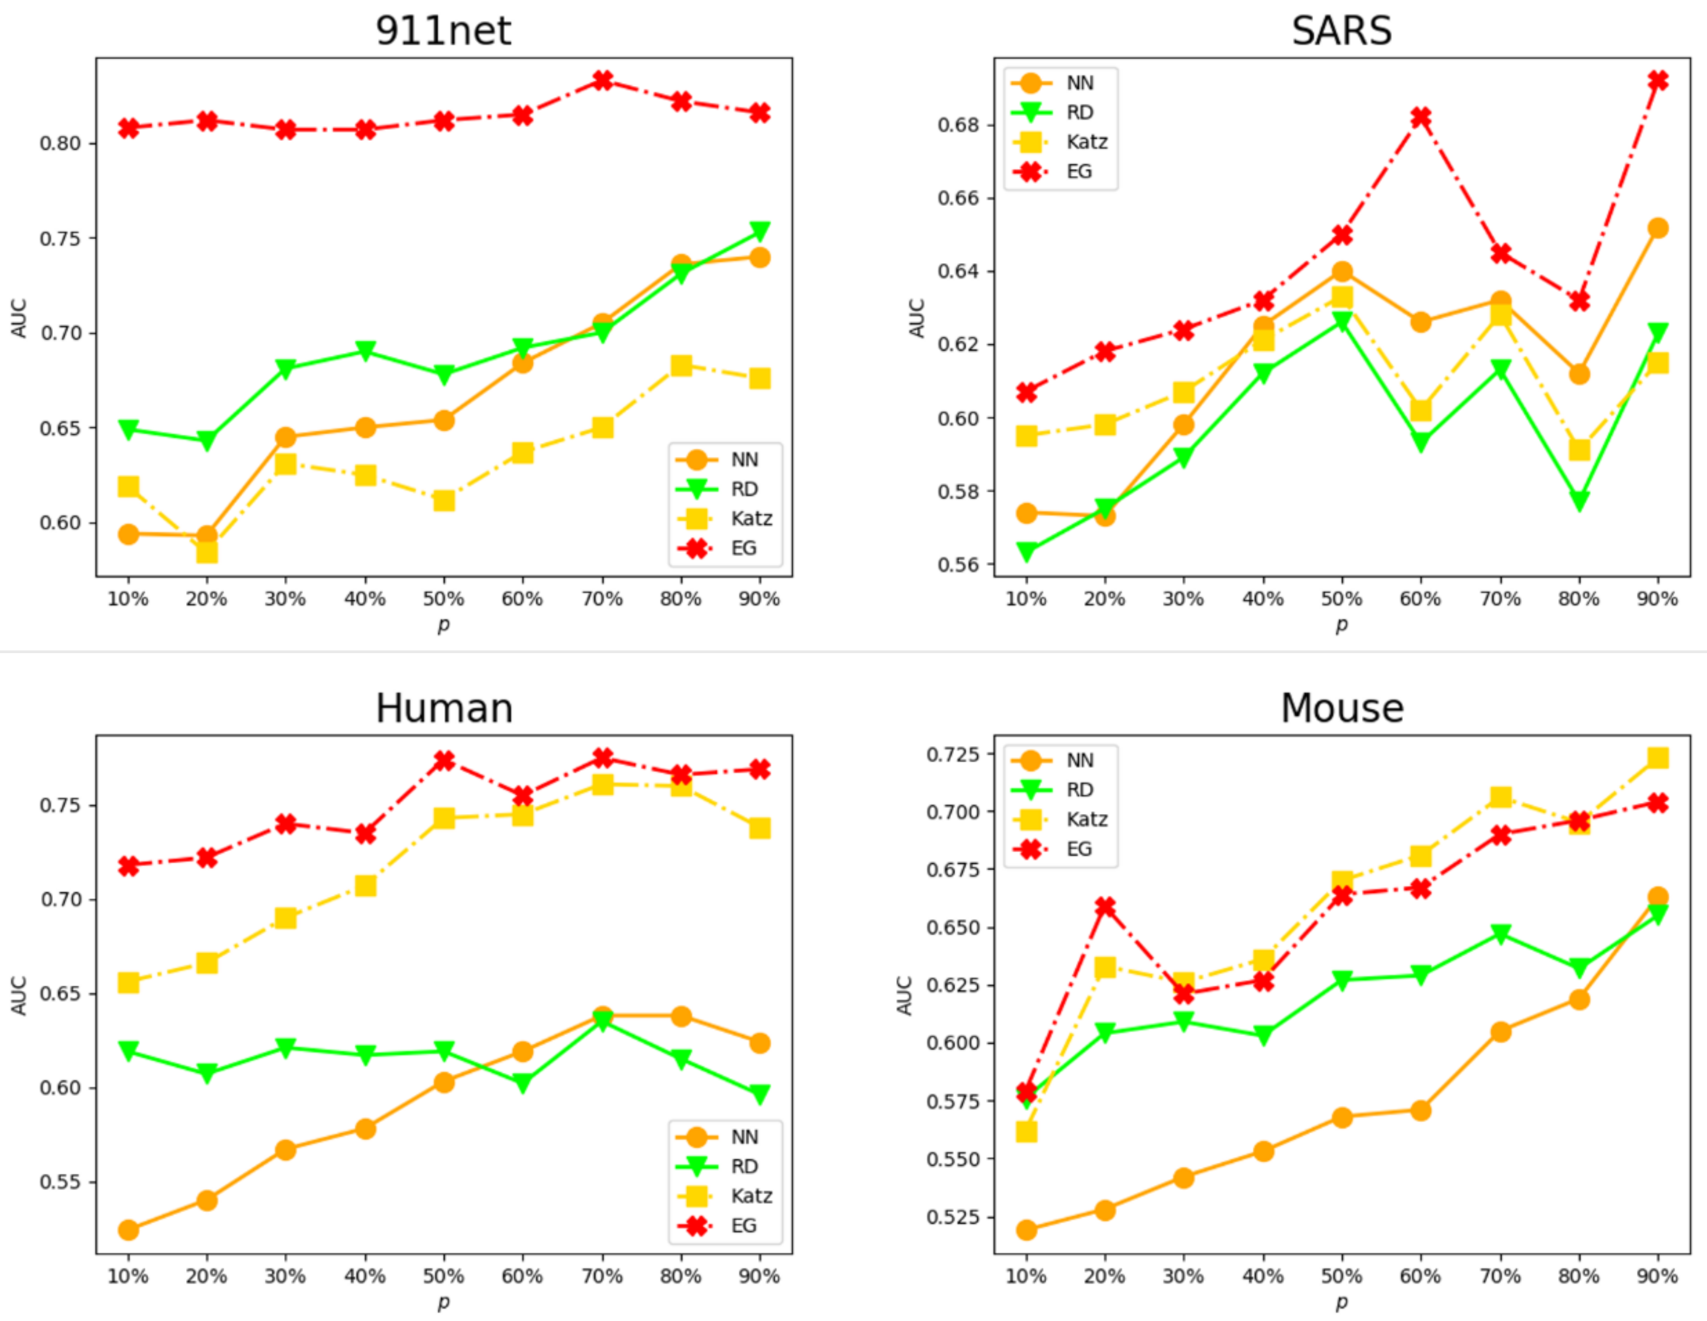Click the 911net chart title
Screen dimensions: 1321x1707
[x=443, y=31]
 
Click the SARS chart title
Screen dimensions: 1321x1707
[x=1341, y=31]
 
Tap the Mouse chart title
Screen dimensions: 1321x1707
[x=1341, y=708]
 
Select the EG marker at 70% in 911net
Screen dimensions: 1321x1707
[x=602, y=80]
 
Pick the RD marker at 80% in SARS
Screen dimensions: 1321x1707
[x=1579, y=500]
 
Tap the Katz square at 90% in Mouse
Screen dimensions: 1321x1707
[x=1658, y=757]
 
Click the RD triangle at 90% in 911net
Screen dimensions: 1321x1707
[x=760, y=231]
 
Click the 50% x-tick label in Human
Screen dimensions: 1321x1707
[x=443, y=1276]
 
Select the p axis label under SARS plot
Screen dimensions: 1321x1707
[x=1341, y=625]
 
